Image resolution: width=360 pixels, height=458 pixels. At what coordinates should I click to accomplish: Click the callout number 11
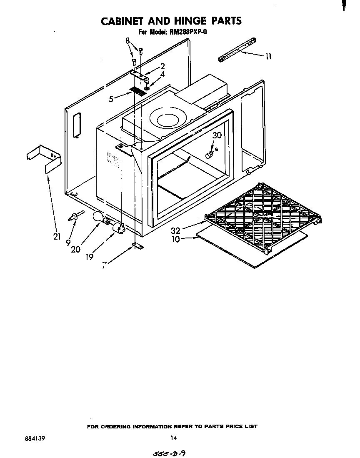[x=268, y=56]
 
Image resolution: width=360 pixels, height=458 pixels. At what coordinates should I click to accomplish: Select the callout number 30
[x=217, y=135]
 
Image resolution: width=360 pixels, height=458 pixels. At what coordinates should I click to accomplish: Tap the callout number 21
[x=57, y=237]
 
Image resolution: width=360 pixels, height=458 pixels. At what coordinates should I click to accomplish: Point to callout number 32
[x=175, y=230]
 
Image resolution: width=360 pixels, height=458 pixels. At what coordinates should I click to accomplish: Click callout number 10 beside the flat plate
[x=175, y=240]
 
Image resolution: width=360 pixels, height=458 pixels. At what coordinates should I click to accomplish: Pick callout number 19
[x=89, y=257]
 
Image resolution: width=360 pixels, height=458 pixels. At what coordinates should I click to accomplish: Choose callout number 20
[x=75, y=249]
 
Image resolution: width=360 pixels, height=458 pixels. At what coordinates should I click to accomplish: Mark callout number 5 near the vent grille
[x=111, y=99]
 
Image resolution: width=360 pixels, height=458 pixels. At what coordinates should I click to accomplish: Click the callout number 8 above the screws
[x=127, y=41]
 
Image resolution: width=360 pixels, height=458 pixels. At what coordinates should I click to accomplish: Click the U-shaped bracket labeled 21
[x=43, y=157]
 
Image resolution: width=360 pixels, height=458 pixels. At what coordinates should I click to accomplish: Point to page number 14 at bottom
[x=173, y=438]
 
